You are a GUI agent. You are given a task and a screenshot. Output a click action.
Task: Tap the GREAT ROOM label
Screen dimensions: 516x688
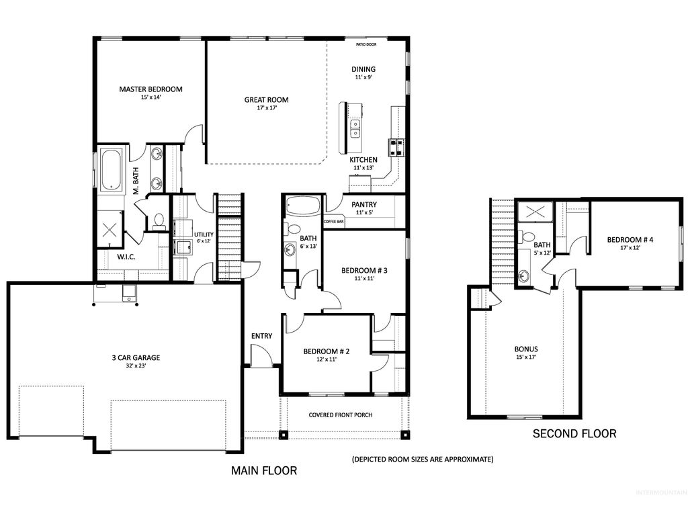pos(266,100)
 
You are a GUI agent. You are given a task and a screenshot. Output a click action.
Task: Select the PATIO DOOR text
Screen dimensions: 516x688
pos(366,45)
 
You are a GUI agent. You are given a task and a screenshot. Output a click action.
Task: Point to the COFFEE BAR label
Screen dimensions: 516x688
pos(334,221)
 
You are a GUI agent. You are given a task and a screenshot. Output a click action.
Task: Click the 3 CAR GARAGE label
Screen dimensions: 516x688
pos(136,358)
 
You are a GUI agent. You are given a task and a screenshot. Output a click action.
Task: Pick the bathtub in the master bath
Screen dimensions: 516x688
pos(111,168)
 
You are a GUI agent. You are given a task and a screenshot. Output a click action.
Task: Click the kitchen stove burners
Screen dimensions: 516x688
pos(396,146)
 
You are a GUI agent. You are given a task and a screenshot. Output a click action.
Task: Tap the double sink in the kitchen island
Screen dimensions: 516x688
pos(354,128)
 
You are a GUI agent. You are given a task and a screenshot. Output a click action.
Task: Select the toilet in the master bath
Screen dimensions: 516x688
pos(159,220)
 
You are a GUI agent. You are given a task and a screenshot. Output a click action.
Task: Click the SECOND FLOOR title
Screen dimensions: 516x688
pos(574,434)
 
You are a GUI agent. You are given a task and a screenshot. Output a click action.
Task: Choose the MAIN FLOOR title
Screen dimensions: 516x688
pos(264,470)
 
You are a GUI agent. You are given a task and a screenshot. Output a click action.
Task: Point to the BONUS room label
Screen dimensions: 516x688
pos(526,349)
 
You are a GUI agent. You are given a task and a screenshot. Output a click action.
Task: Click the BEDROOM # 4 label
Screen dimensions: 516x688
pos(630,240)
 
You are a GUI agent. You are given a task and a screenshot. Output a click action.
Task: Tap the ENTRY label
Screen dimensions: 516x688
pos(261,336)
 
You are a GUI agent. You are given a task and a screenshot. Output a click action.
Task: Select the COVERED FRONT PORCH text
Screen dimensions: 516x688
pos(340,415)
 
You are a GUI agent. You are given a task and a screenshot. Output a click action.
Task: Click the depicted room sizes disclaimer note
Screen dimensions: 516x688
pos(423,460)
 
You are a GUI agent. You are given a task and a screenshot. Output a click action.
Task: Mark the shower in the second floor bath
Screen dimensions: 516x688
pos(535,212)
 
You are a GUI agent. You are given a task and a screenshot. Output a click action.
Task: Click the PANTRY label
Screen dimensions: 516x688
pos(364,205)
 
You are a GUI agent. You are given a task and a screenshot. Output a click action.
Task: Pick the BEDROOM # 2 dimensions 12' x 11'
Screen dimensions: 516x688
pos(320,359)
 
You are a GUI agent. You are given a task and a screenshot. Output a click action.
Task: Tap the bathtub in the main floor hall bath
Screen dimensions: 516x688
pos(302,206)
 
